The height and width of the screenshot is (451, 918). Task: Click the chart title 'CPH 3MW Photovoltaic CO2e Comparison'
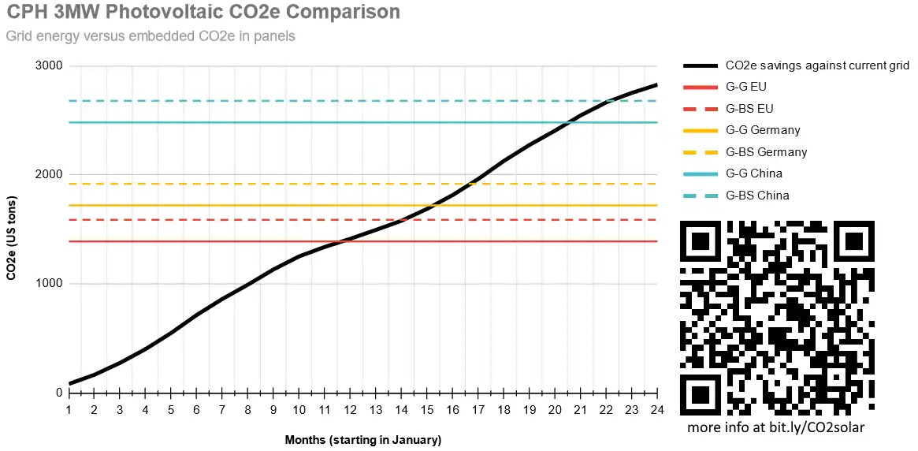click(203, 13)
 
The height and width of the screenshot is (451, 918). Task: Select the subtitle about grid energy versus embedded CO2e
click(151, 36)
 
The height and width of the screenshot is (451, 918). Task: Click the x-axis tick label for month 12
click(350, 410)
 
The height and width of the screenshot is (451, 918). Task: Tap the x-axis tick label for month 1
click(69, 410)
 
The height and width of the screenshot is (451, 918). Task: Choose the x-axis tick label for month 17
click(478, 410)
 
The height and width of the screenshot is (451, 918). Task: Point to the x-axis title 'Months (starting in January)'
click(362, 440)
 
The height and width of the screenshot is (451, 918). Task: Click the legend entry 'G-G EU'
click(745, 87)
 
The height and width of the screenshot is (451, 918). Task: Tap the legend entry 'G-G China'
click(754, 173)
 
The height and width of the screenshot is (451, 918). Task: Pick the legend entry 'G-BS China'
click(757, 196)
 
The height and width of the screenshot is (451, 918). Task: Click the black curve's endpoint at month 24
click(656, 84)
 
